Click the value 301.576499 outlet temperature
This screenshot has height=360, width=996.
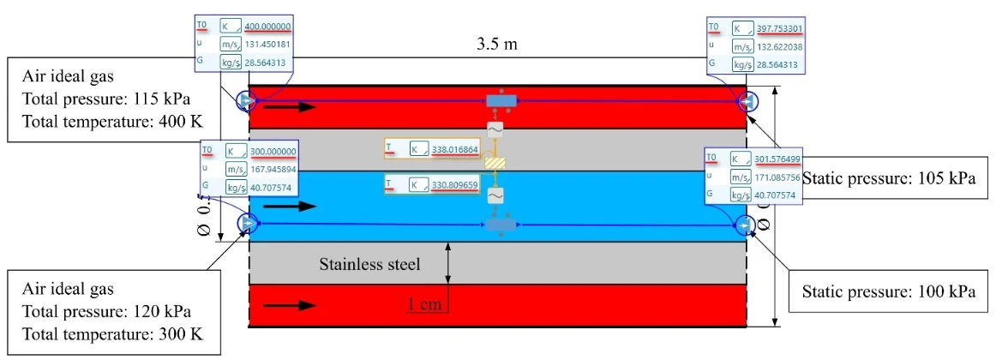[775, 159]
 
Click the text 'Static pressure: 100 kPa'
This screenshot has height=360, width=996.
[889, 291]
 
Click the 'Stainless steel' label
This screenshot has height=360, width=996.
[369, 264]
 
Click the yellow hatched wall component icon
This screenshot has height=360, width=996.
[495, 163]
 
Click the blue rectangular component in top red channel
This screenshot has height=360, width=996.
[498, 101]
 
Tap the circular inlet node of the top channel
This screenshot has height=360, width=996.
[245, 102]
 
